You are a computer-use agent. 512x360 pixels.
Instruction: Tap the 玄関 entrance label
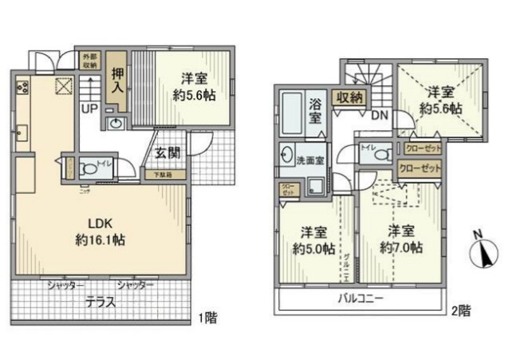(167, 153)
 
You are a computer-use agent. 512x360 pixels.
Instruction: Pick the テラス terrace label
(101, 303)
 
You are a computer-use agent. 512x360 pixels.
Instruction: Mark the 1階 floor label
(207, 318)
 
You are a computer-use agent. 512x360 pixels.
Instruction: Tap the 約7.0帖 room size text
(401, 247)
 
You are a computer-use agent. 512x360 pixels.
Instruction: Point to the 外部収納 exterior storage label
(90, 61)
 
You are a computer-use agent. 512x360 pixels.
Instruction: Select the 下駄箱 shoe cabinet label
(153, 173)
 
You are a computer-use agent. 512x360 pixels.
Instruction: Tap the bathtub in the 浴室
(291, 117)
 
